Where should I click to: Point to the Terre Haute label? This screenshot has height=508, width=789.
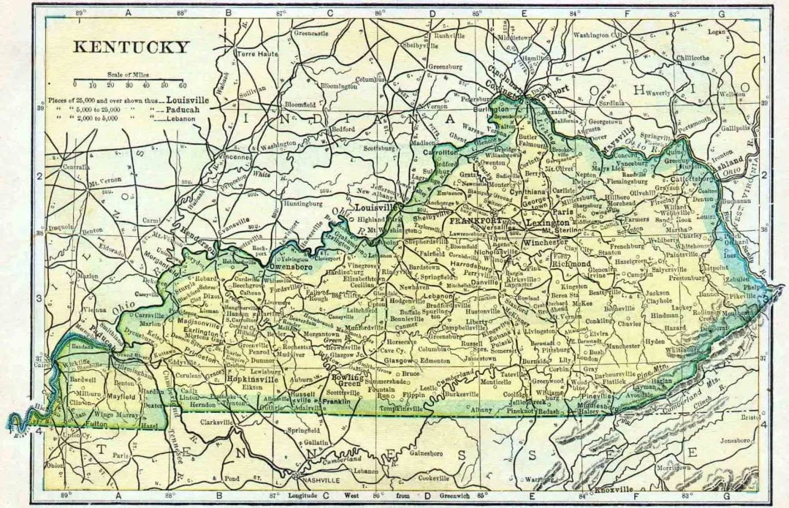pyautogui.click(x=253, y=53)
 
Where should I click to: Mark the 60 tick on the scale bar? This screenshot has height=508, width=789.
pyautogui.click(x=183, y=85)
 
